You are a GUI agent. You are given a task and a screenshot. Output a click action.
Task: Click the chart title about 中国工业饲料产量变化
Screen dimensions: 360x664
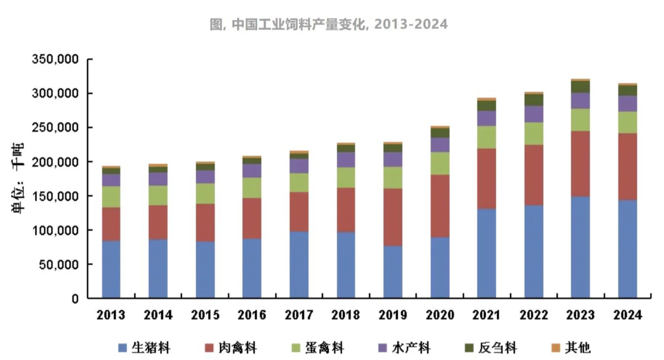click(x=329, y=24)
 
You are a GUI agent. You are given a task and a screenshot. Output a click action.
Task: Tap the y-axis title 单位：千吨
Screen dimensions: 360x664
click(x=18, y=178)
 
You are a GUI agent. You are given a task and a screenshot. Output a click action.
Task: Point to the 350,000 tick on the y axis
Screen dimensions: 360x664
click(x=55, y=59)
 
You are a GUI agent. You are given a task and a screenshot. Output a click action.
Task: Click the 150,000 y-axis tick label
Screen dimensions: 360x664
click(x=55, y=196)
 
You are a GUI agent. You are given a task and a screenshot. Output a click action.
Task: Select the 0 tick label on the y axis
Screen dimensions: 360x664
click(x=75, y=299)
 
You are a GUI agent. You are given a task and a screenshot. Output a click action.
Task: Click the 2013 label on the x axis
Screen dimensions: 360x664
click(x=111, y=315)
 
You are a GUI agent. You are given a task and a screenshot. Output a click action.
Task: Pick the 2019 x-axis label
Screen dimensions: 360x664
click(x=393, y=315)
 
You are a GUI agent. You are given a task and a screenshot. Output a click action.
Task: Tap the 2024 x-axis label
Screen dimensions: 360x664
click(x=627, y=315)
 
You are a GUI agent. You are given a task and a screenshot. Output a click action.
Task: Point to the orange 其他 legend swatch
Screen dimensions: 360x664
click(x=556, y=347)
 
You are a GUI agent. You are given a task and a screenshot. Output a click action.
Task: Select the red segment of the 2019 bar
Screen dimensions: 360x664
click(x=393, y=217)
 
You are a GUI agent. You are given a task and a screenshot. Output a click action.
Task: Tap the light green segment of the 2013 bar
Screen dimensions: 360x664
click(x=111, y=197)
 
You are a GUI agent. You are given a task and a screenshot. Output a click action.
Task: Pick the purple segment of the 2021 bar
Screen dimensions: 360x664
click(x=486, y=118)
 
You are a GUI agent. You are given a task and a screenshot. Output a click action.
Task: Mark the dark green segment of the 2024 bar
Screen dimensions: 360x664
click(x=627, y=90)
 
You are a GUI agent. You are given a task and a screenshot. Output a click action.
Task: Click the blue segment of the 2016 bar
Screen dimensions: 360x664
click(x=252, y=268)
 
